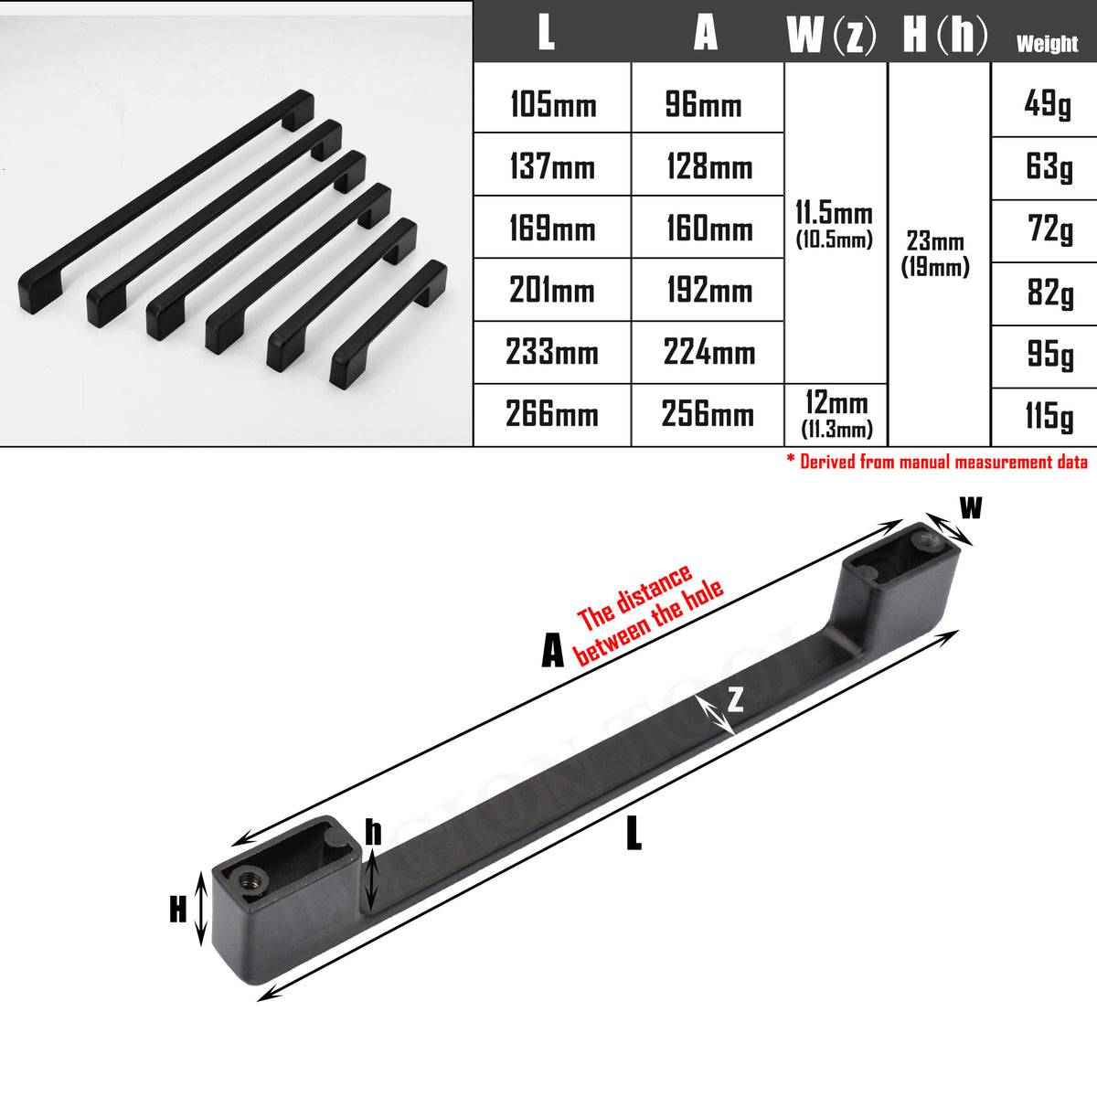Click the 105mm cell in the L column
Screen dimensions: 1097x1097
552,104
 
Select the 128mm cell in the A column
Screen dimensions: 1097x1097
708,166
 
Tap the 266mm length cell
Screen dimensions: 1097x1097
552,414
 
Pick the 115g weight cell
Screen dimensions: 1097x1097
1048,416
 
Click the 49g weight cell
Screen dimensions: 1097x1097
1048,103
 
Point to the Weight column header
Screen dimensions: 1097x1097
1047,43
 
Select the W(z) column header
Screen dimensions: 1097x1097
831,35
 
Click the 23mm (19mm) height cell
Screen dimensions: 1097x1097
935,253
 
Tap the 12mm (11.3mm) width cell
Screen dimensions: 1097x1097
836,414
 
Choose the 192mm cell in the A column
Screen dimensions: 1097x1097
708,291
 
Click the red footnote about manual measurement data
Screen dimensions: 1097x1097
937,462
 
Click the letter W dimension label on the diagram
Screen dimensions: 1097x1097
971,508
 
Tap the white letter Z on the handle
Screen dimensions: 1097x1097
735,699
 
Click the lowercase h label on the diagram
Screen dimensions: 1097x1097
373,832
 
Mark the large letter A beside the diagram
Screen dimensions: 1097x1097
552,652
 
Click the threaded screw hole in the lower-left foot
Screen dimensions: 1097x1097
250,881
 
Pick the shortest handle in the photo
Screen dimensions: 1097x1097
389,324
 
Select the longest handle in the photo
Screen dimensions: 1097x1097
165,201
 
